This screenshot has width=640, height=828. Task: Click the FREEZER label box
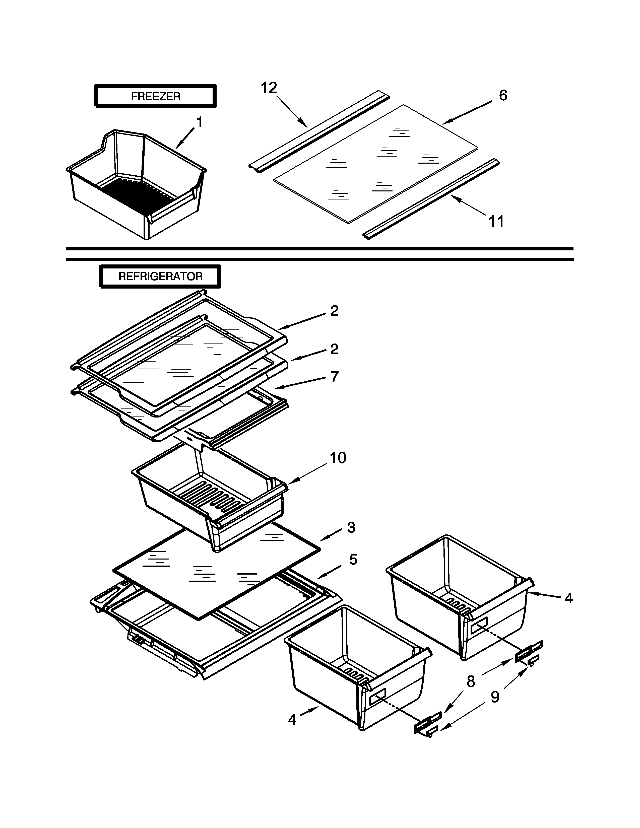(155, 96)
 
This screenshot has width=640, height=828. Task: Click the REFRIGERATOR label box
(160, 277)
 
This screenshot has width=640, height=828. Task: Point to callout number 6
(503, 96)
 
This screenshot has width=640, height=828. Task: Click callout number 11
(496, 221)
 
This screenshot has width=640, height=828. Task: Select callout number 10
(337, 458)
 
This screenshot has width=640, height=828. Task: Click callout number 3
(351, 527)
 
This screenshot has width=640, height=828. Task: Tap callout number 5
(353, 559)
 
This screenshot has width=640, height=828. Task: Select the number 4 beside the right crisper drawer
(568, 598)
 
